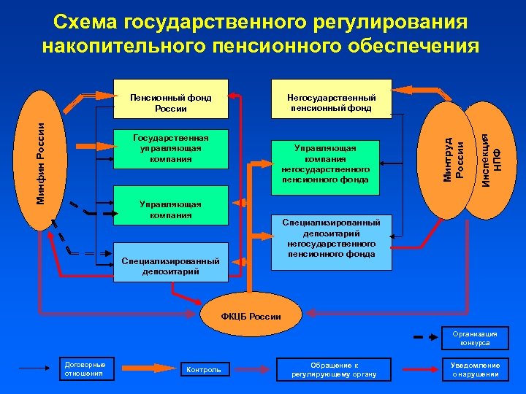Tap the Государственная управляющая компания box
click(170, 148)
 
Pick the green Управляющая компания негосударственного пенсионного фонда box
click(325, 163)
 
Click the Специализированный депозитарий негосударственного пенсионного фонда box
click(331, 238)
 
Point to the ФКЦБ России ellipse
click(250, 317)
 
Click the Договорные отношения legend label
click(85, 369)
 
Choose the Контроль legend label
click(204, 370)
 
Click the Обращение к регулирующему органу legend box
click(334, 369)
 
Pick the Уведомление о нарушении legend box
click(475, 369)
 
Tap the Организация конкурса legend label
click(475, 338)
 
